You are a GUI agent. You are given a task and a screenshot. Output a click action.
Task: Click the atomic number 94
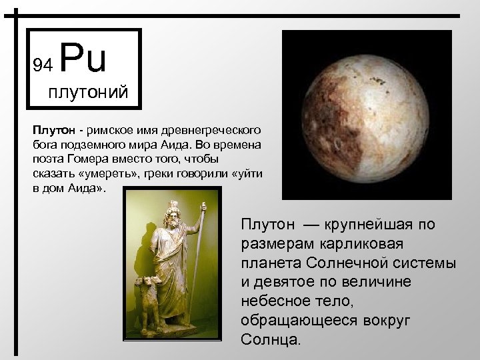(x=43, y=64)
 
